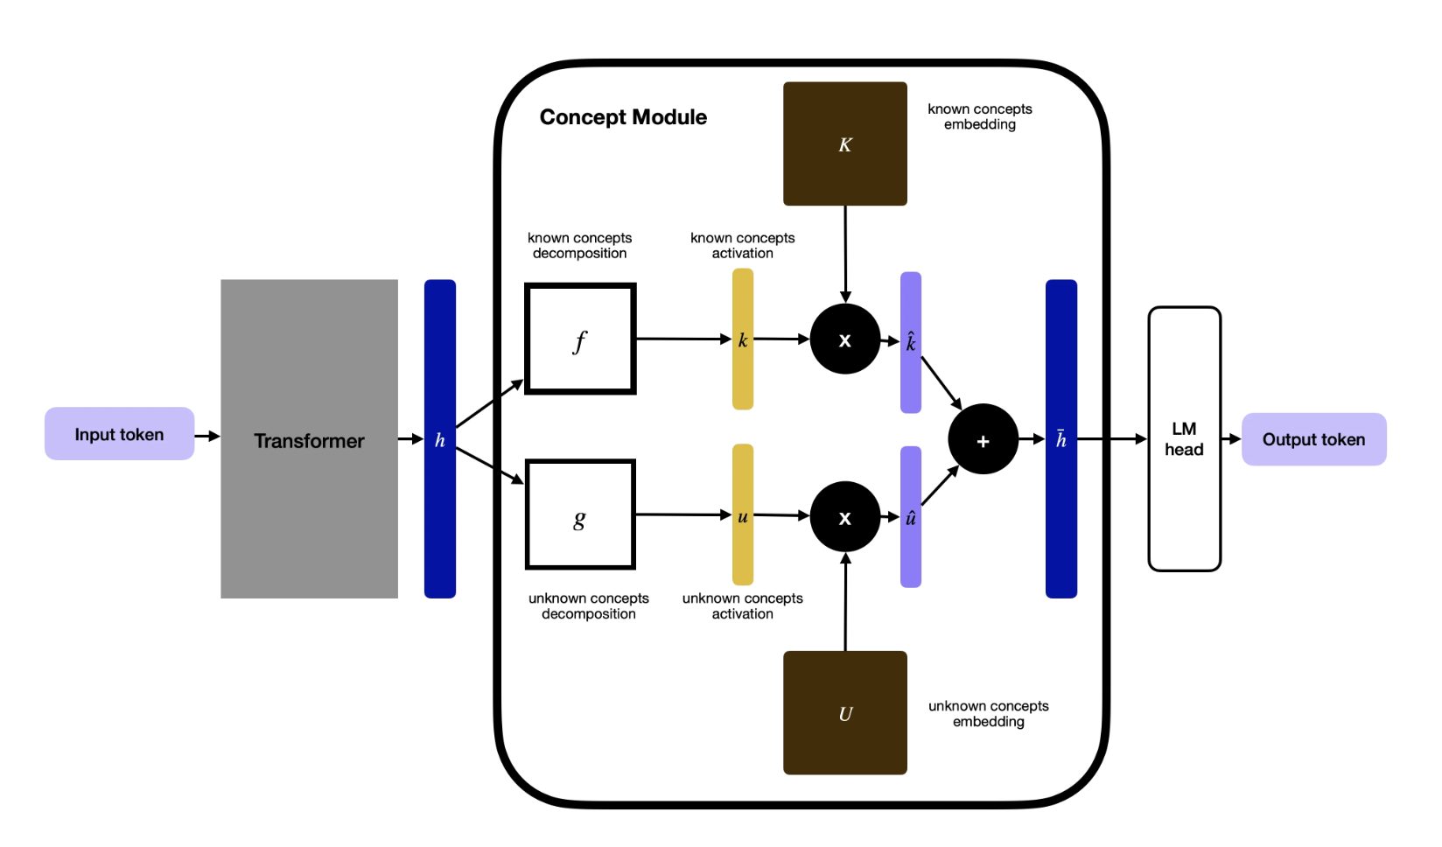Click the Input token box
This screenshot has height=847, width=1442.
[119, 434]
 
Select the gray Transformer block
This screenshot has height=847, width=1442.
[309, 439]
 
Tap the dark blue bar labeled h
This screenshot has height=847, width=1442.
[440, 439]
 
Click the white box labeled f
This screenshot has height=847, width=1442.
[580, 339]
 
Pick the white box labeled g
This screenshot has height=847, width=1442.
[580, 514]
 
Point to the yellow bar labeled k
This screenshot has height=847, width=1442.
[742, 339]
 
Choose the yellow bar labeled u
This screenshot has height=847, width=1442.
[742, 514]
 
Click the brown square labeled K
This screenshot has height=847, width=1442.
[844, 143]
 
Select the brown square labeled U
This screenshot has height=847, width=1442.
[844, 712]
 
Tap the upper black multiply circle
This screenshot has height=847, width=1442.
[844, 339]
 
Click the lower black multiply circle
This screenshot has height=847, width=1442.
[844, 516]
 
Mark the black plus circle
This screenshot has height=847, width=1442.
[983, 439]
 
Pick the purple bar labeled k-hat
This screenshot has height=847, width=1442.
[910, 342]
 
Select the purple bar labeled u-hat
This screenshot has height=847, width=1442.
[910, 516]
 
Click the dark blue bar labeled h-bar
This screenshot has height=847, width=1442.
[1060, 439]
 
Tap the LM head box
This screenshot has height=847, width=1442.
[1184, 439]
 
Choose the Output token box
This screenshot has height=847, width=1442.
[1313, 439]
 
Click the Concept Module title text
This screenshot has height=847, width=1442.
[623, 117]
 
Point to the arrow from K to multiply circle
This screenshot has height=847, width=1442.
[845, 254]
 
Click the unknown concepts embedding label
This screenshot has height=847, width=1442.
[988, 713]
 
